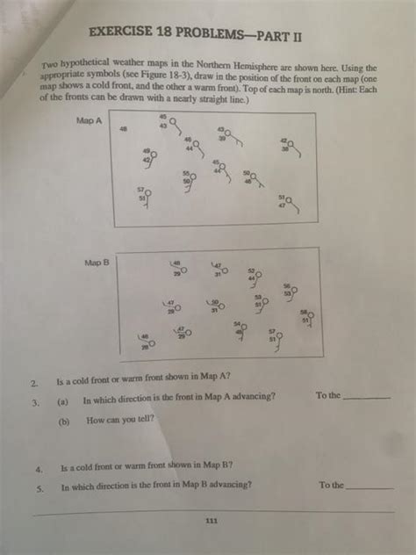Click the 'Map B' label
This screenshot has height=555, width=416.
(x=96, y=262)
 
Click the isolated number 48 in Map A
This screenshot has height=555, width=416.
(x=123, y=129)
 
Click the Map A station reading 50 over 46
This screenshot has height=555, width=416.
(x=252, y=177)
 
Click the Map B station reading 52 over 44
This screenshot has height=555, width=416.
(x=254, y=275)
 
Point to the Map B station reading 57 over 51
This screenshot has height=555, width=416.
(x=276, y=335)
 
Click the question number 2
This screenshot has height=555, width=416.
(x=33, y=383)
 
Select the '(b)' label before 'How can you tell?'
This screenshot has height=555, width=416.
(x=64, y=421)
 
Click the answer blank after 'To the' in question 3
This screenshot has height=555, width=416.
(x=366, y=398)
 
